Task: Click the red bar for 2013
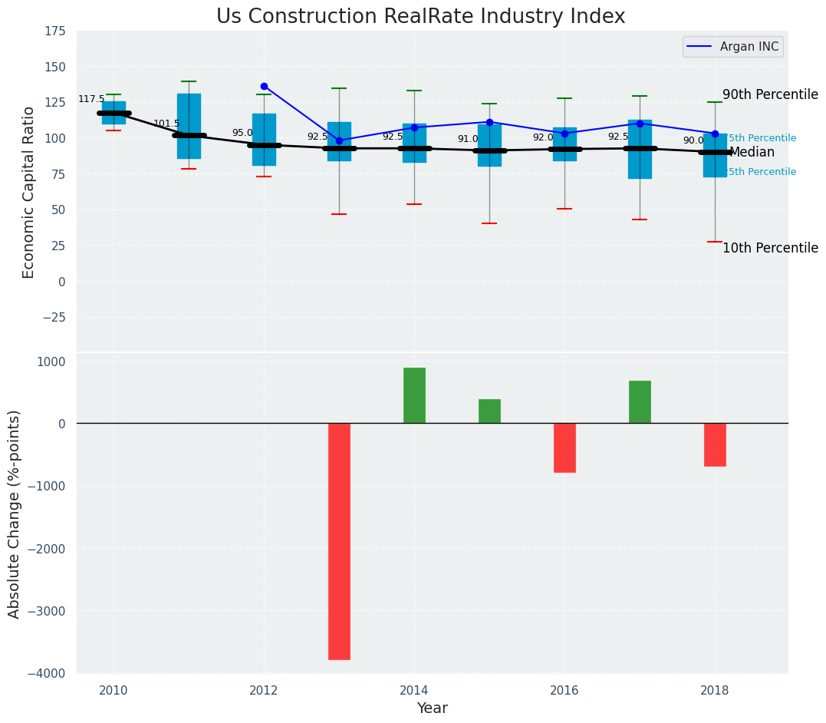(339, 541)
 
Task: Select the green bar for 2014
(414, 395)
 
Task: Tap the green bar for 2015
(489, 411)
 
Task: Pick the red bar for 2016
(564, 447)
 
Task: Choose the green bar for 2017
(640, 401)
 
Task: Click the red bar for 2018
(715, 444)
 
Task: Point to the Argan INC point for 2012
(264, 86)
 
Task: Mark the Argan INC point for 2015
(489, 122)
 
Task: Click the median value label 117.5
(91, 100)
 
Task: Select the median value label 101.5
(166, 124)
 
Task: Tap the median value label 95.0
(242, 133)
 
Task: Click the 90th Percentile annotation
(770, 94)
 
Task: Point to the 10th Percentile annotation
(770, 248)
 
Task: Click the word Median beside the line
(752, 153)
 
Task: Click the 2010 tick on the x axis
(114, 690)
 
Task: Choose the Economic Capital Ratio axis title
(29, 192)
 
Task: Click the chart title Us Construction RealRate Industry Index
(420, 17)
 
